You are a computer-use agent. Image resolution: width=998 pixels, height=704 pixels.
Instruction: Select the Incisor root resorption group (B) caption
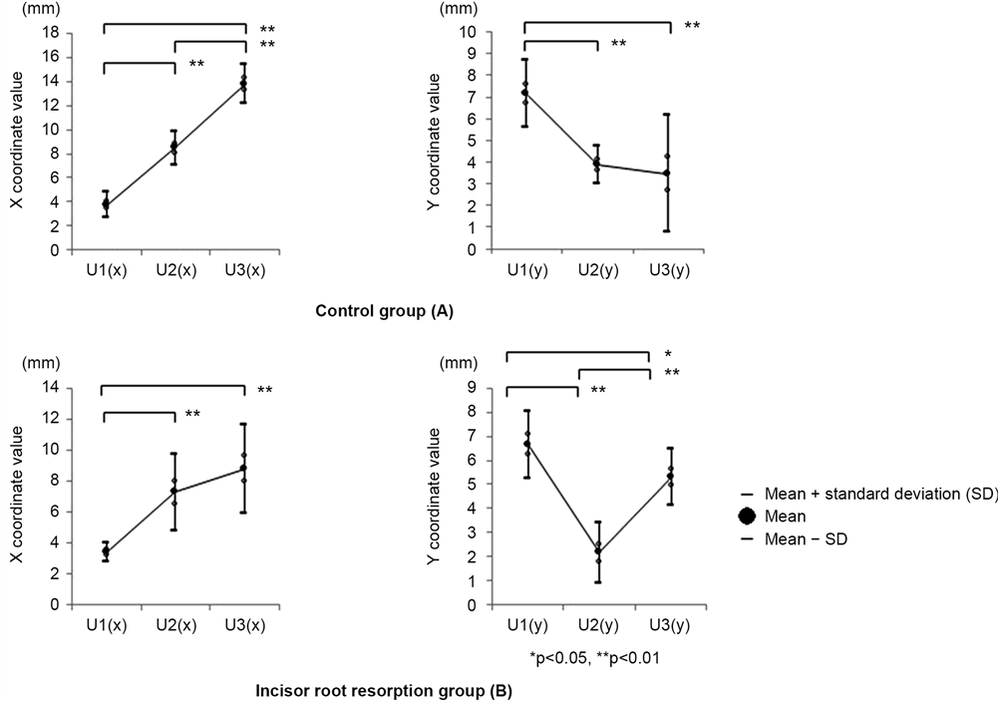click(385, 690)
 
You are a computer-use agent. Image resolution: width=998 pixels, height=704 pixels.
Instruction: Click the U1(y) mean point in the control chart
click(524, 93)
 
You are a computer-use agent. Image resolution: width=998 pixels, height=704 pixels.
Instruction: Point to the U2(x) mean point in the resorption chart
click(174, 491)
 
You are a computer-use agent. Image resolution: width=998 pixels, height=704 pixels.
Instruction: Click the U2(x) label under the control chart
click(174, 270)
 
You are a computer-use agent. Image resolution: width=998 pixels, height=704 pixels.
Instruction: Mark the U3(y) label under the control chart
click(667, 270)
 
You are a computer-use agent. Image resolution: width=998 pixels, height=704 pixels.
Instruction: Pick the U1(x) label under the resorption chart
click(105, 625)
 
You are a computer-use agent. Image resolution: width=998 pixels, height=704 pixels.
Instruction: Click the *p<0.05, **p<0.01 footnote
click(594, 658)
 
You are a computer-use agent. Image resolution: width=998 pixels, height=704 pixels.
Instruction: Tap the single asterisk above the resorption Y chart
click(667, 353)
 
